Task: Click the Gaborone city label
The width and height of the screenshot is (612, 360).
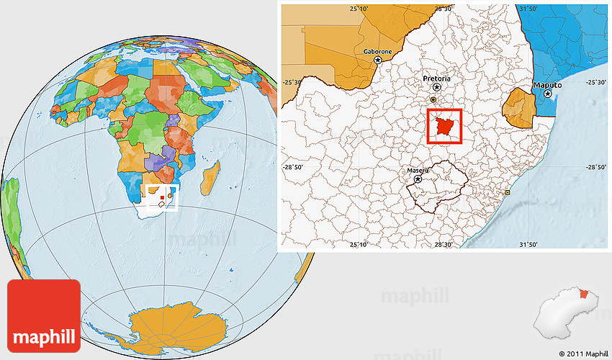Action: tap(377, 52)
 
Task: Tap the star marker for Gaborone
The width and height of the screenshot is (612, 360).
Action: tap(377, 61)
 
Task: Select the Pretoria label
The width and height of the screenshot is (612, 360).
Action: tap(436, 78)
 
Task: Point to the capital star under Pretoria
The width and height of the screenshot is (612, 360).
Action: tap(436, 87)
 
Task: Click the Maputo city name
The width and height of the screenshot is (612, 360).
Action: tap(546, 85)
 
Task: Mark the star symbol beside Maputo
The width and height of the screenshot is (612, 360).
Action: tap(548, 94)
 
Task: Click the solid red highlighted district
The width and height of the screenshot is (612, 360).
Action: tap(444, 126)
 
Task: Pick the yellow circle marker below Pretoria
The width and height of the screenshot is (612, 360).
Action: tap(433, 99)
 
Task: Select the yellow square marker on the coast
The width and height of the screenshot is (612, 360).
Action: tap(508, 193)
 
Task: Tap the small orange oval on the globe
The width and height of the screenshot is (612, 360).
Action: tap(170, 194)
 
